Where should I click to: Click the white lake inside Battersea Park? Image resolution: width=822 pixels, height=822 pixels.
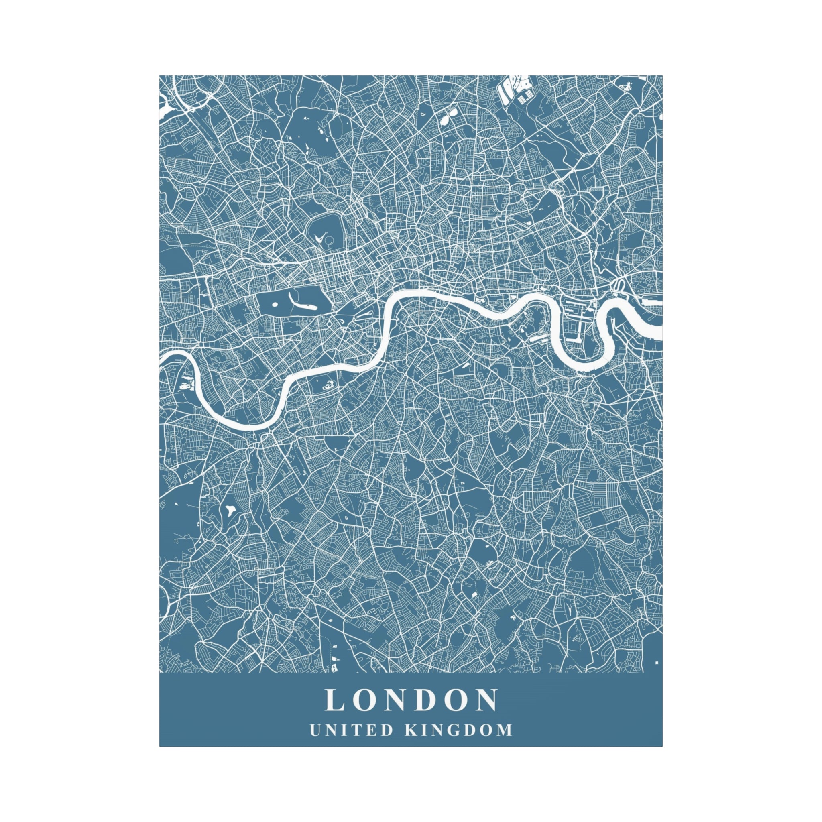click(328, 385)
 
